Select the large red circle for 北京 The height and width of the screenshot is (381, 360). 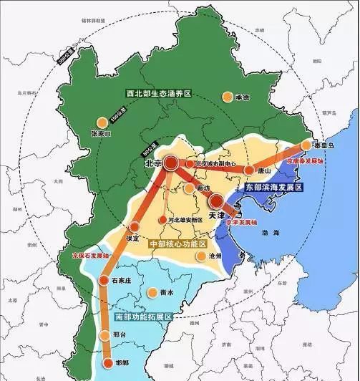click(172, 164)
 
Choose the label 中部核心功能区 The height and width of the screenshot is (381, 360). click(175, 244)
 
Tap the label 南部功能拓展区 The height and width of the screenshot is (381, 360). click(143, 316)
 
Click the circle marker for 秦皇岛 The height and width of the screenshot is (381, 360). click(306, 145)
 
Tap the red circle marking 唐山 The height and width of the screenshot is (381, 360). click(249, 170)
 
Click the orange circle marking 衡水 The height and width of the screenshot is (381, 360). click(152, 292)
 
